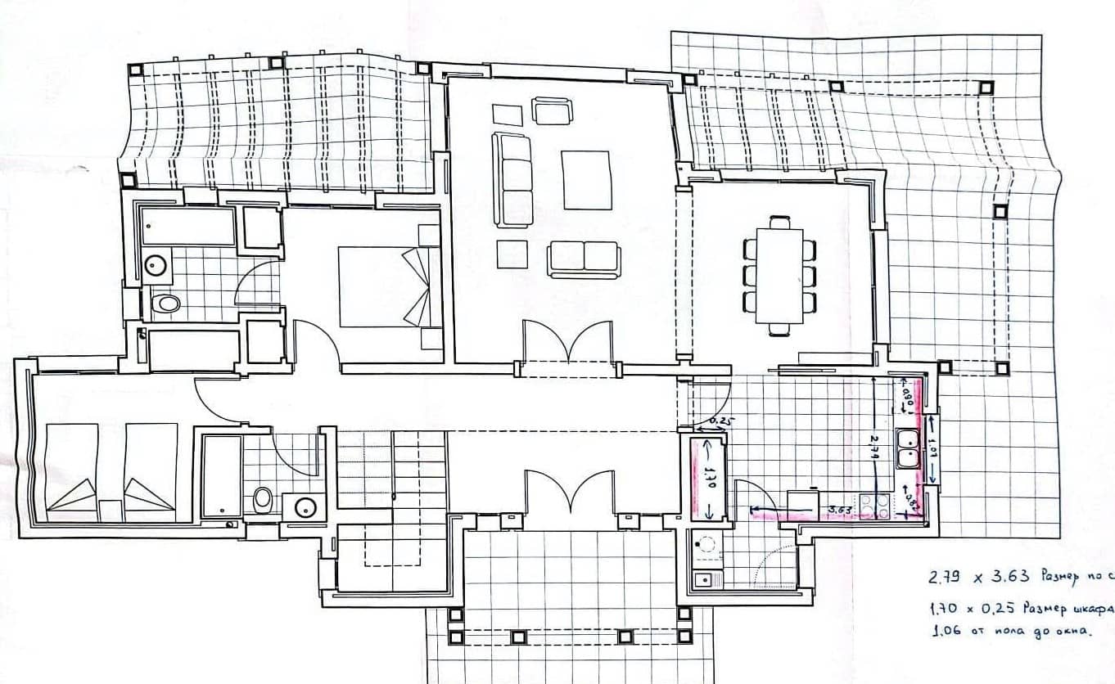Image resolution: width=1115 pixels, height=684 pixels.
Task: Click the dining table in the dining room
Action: [779, 276]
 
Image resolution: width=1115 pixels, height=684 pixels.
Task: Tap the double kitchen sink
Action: [908, 448]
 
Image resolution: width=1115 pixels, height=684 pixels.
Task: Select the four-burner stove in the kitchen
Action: [875, 506]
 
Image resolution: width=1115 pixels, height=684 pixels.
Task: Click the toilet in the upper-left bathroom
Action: [166, 304]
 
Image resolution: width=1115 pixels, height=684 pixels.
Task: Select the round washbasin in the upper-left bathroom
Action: [155, 264]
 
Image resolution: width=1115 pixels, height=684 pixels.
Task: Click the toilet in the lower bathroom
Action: [263, 498]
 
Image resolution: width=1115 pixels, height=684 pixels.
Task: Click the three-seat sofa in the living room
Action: [512, 180]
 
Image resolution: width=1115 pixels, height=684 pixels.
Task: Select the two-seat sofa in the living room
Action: [584, 258]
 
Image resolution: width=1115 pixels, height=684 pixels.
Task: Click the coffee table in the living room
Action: [587, 180]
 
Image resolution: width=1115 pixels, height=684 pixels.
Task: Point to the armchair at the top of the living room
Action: [552, 110]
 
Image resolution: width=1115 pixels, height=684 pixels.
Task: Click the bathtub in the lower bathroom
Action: [221, 476]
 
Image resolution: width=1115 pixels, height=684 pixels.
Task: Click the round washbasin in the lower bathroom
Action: [304, 507]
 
